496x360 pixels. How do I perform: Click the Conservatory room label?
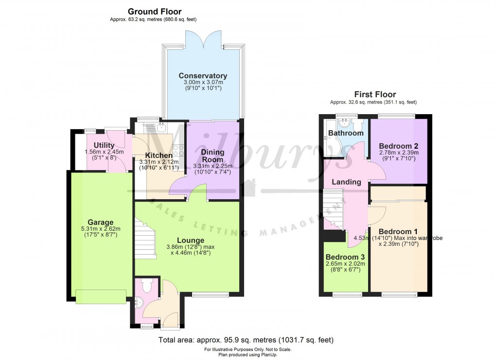(203, 76)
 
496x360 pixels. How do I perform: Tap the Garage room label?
(100, 223)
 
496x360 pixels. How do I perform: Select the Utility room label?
(104, 145)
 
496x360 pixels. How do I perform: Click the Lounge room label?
(190, 240)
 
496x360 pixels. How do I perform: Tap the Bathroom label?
(346, 133)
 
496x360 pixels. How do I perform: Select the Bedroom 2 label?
(399, 146)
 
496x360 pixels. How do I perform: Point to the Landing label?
(346, 182)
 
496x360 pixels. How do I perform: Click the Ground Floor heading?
(155, 11)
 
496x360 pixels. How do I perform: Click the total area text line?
(246, 340)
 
